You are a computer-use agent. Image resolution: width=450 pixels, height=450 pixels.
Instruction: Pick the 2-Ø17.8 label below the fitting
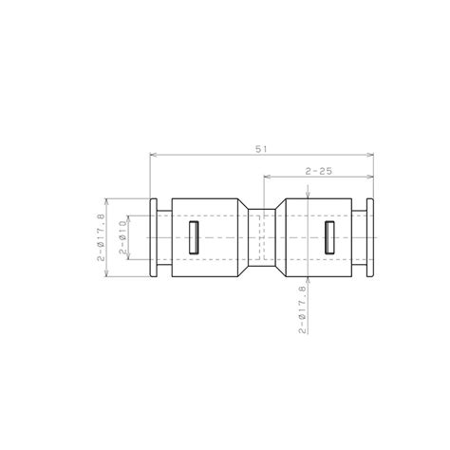pyautogui.click(x=303, y=309)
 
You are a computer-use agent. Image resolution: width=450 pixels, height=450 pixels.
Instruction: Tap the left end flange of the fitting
pyautogui.click(x=154, y=238)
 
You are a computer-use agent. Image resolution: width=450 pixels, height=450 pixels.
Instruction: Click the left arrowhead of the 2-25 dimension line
pyautogui.click(x=266, y=178)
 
